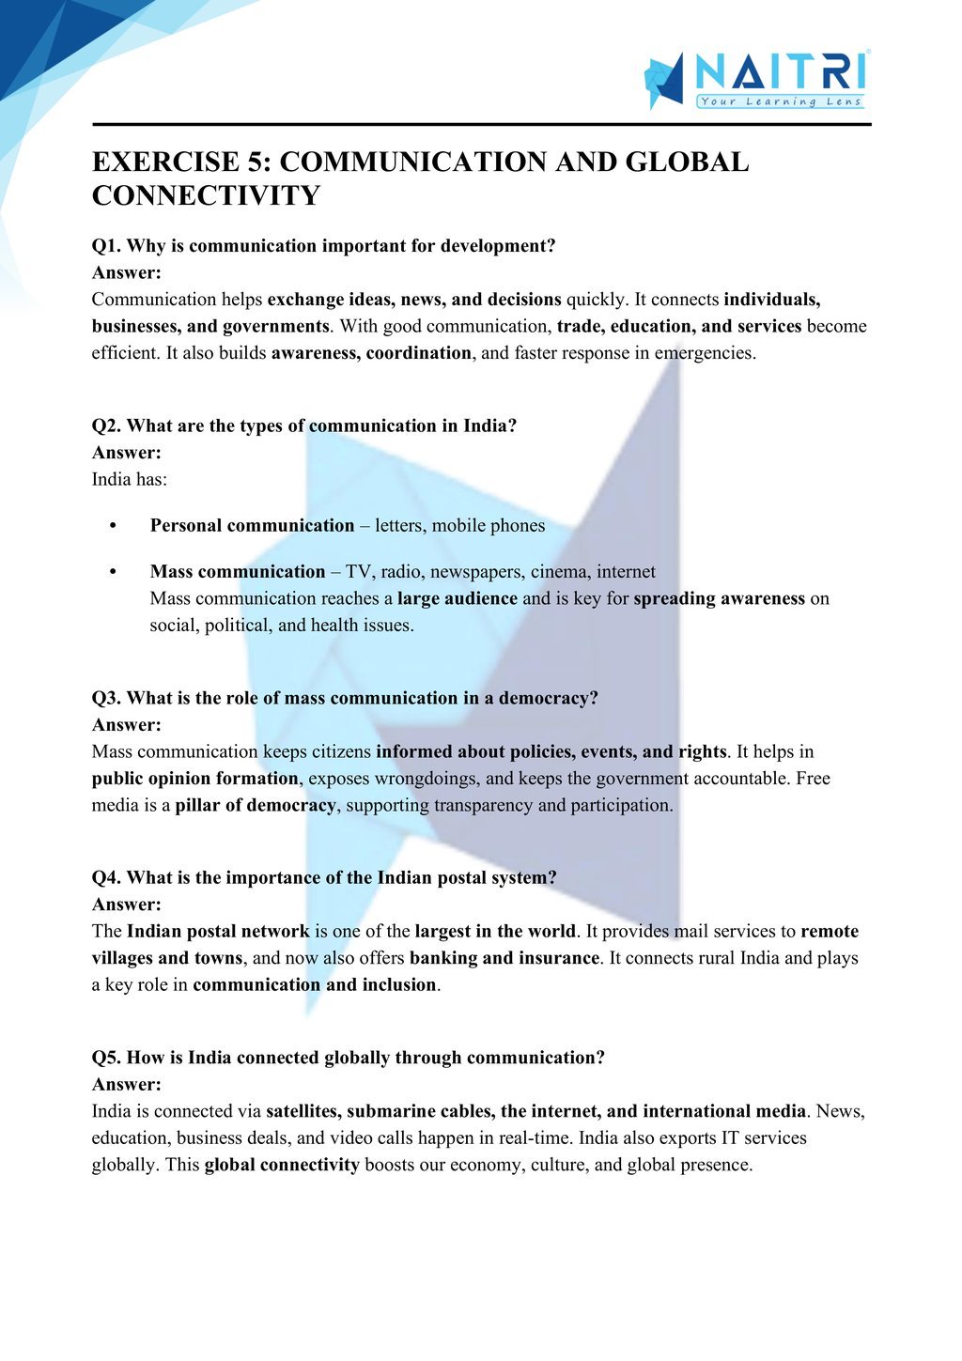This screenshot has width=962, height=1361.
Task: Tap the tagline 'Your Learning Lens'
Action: pyautogui.click(x=781, y=101)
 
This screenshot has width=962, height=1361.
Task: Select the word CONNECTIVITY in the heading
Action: pyautogui.click(x=206, y=196)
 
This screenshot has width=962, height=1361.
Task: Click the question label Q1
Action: pyautogui.click(x=106, y=246)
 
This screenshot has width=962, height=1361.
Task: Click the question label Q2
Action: pyautogui.click(x=106, y=425)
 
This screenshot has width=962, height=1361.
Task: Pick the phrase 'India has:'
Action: pyautogui.click(x=130, y=479)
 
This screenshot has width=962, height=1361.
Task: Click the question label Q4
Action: pyautogui.click(x=106, y=877)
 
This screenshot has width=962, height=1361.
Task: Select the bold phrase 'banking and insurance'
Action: pyautogui.click(x=504, y=958)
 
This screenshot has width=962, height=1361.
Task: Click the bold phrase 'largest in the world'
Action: pyautogui.click(x=495, y=932)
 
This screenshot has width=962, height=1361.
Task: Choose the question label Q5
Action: pyautogui.click(x=106, y=1058)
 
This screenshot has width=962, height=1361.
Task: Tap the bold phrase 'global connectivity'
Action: pyautogui.click(x=282, y=1166)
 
